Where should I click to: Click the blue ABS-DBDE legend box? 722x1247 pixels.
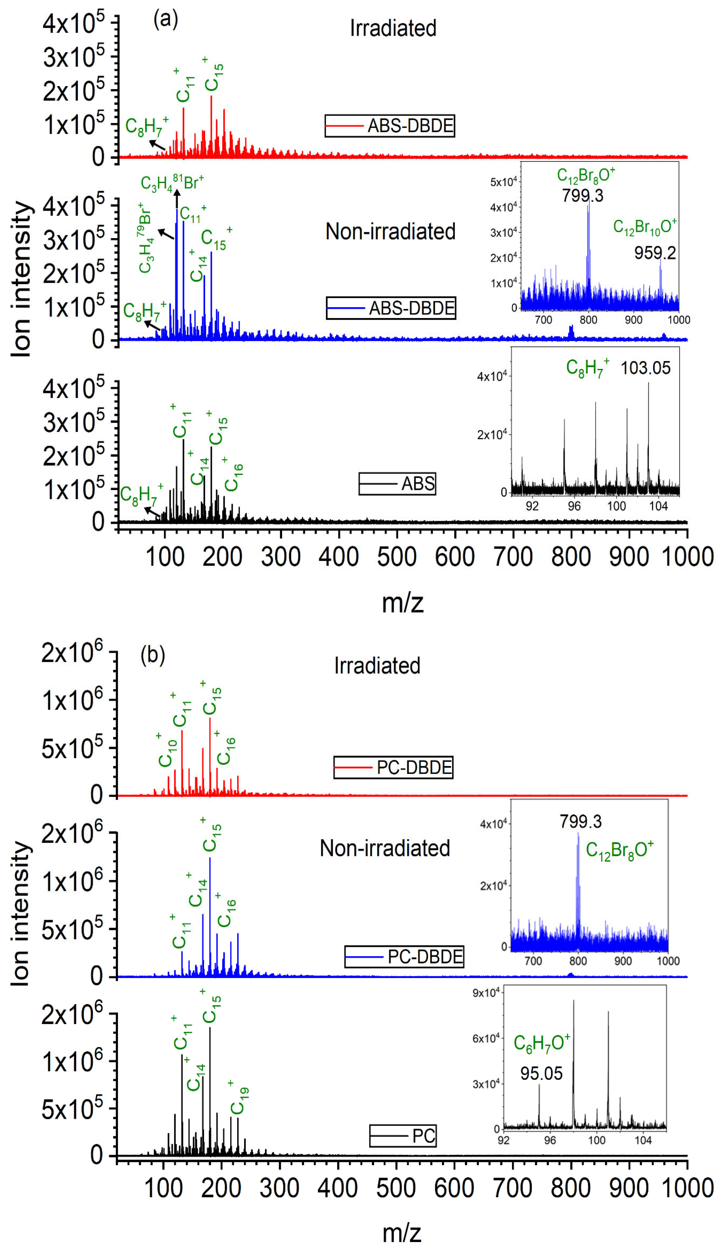click(391, 308)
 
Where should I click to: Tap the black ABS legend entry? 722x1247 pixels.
click(397, 483)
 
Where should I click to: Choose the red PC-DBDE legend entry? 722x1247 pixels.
click(393, 767)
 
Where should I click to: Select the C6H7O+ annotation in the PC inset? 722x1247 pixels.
click(541, 1043)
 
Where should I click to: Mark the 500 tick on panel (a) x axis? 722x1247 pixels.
click(396, 557)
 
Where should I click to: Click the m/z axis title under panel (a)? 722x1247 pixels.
click(402, 603)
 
